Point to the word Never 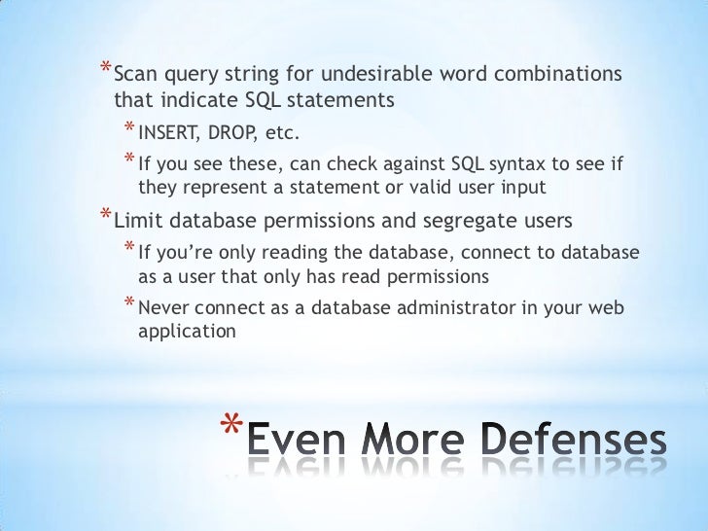[164, 308]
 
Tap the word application [187, 332]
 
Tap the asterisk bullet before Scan [105, 70]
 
